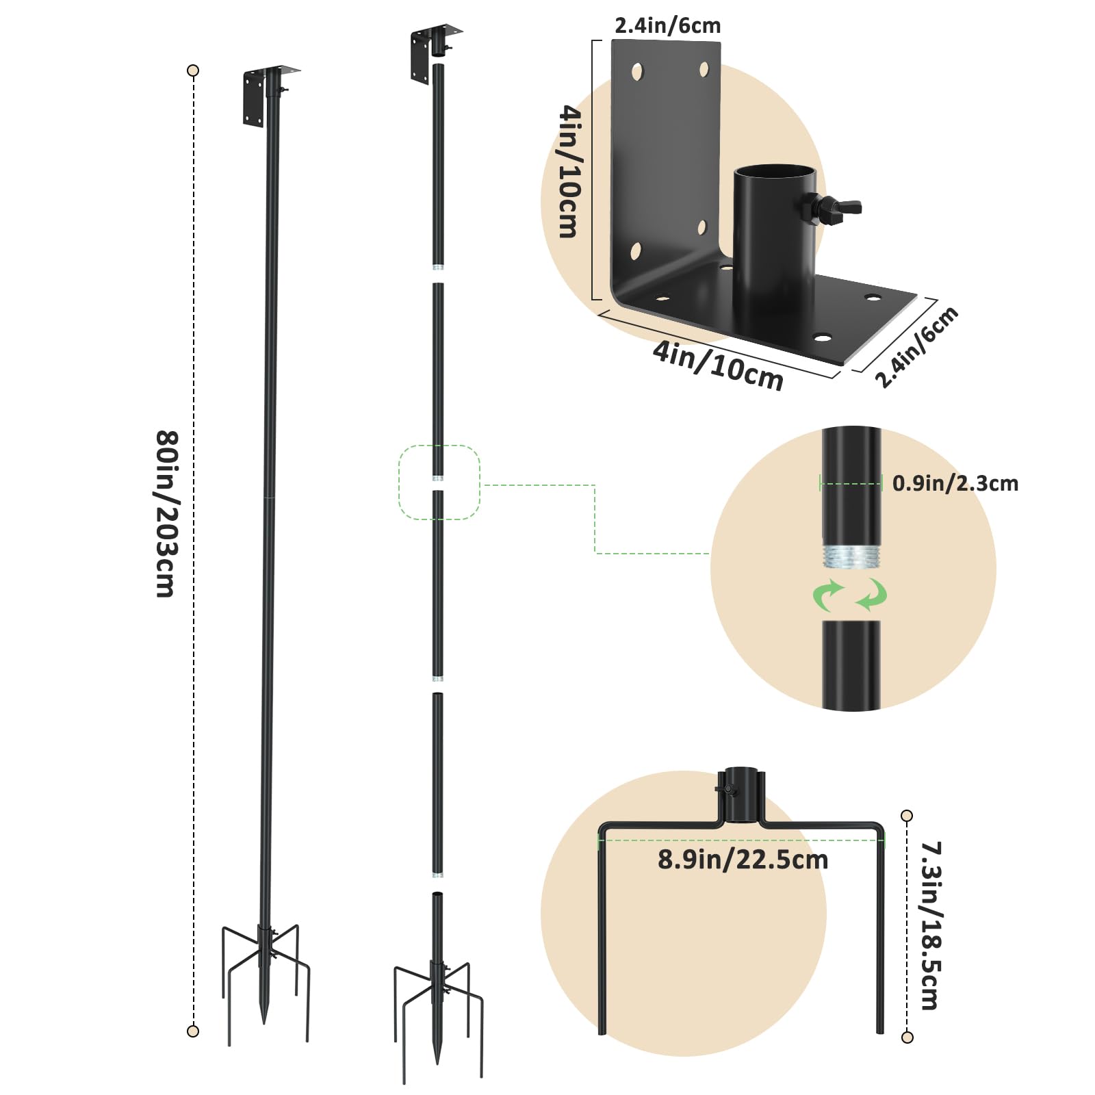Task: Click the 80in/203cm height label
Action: coord(167,514)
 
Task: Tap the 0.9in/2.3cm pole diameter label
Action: coord(955,483)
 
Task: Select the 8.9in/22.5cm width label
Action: coord(743,860)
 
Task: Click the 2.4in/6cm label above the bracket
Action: coord(667,26)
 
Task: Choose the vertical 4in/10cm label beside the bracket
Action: coord(569,171)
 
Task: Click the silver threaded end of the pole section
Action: coord(851,556)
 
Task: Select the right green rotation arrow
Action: coord(872,594)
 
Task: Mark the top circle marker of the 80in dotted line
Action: coord(193,70)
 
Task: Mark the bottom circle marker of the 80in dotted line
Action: coord(193,1031)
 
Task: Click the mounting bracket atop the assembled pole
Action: coord(269,95)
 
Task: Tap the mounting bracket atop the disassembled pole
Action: coord(434,53)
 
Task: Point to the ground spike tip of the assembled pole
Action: coord(265,1022)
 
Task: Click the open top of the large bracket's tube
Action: coord(775,171)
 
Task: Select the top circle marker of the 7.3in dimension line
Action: coord(907,816)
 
